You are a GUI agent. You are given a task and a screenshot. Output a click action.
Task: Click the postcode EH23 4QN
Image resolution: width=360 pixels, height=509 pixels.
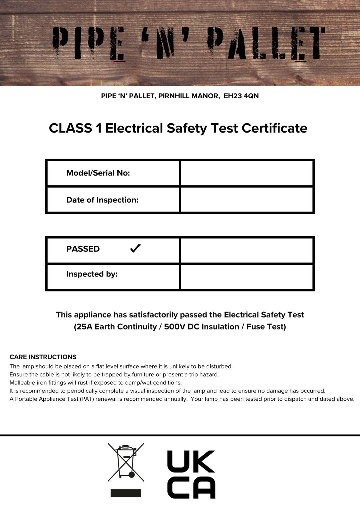[241, 96]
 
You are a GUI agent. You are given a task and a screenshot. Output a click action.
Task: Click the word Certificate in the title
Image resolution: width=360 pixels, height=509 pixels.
[274, 128]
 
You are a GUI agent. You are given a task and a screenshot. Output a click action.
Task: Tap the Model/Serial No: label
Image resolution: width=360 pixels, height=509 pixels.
[98, 173]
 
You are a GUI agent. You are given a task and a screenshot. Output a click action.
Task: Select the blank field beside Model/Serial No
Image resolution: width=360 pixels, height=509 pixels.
[247, 173]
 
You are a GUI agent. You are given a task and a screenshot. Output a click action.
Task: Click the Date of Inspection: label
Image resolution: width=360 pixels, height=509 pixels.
[102, 200]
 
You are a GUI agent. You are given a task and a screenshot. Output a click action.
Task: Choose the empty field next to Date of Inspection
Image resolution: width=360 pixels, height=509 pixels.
[247, 200]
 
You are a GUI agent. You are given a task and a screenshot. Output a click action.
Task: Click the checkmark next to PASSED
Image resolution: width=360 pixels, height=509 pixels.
[136, 249]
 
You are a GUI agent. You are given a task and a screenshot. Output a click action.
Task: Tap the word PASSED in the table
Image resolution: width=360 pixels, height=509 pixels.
[83, 249]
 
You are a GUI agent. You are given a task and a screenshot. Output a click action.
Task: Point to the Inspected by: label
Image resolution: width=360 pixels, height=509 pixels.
[92, 274]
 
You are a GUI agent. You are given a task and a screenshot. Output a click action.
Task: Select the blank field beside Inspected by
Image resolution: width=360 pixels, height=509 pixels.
[247, 277]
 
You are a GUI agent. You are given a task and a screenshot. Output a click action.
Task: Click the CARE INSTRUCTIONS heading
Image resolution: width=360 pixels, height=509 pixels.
[43, 357]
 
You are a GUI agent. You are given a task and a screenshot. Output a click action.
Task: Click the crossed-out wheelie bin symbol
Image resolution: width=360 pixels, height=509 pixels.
[126, 462]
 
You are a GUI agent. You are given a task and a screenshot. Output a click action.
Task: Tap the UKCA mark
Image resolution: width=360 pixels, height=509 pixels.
[191, 474]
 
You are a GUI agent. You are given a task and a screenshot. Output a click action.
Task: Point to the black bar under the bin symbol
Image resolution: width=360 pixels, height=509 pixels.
[126, 493]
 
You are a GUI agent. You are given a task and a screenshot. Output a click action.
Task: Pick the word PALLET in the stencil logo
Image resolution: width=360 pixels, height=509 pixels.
[266, 43]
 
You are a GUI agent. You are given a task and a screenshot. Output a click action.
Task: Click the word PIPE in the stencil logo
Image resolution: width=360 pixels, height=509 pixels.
[89, 44]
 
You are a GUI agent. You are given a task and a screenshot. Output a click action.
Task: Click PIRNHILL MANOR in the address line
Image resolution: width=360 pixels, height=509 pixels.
[189, 96]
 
